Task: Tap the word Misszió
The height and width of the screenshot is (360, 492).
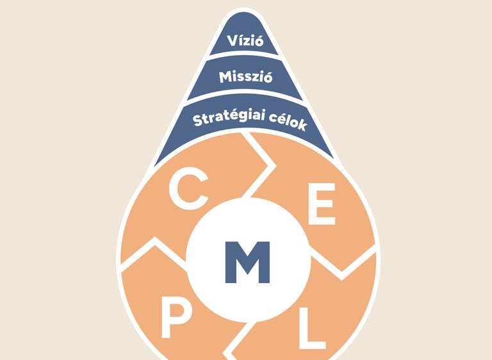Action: [x=245, y=78]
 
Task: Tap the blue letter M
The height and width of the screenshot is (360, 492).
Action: [x=247, y=263]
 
